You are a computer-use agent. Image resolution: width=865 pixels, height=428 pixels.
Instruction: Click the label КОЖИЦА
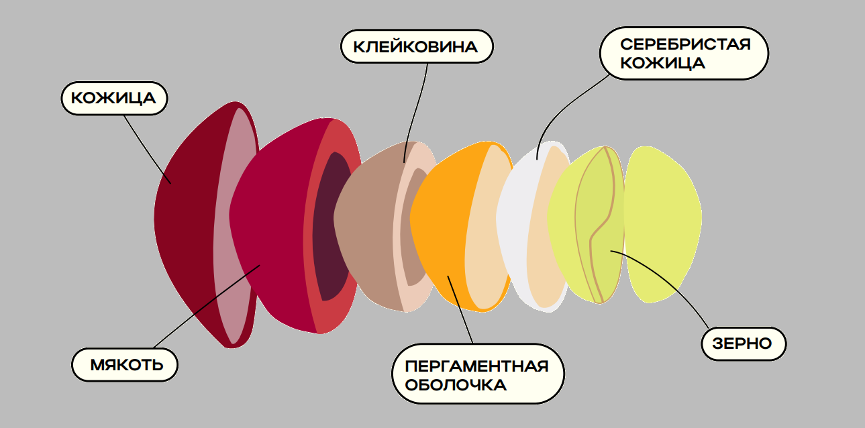pos(113,99)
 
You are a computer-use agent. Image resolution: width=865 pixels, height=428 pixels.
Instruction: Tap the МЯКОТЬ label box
pos(126,365)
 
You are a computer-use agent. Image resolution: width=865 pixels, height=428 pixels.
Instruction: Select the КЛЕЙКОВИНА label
pos(415,47)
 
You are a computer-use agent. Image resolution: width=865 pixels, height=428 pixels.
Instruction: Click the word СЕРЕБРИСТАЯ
pos(684,45)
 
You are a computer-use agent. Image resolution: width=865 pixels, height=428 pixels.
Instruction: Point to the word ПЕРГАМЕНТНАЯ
pos(476,366)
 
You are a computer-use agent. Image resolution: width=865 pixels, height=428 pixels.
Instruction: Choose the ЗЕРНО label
pos(744,343)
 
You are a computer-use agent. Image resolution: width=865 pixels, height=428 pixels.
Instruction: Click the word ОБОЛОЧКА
pos(456,386)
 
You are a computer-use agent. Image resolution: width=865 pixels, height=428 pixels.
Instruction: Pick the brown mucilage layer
pos(366,228)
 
